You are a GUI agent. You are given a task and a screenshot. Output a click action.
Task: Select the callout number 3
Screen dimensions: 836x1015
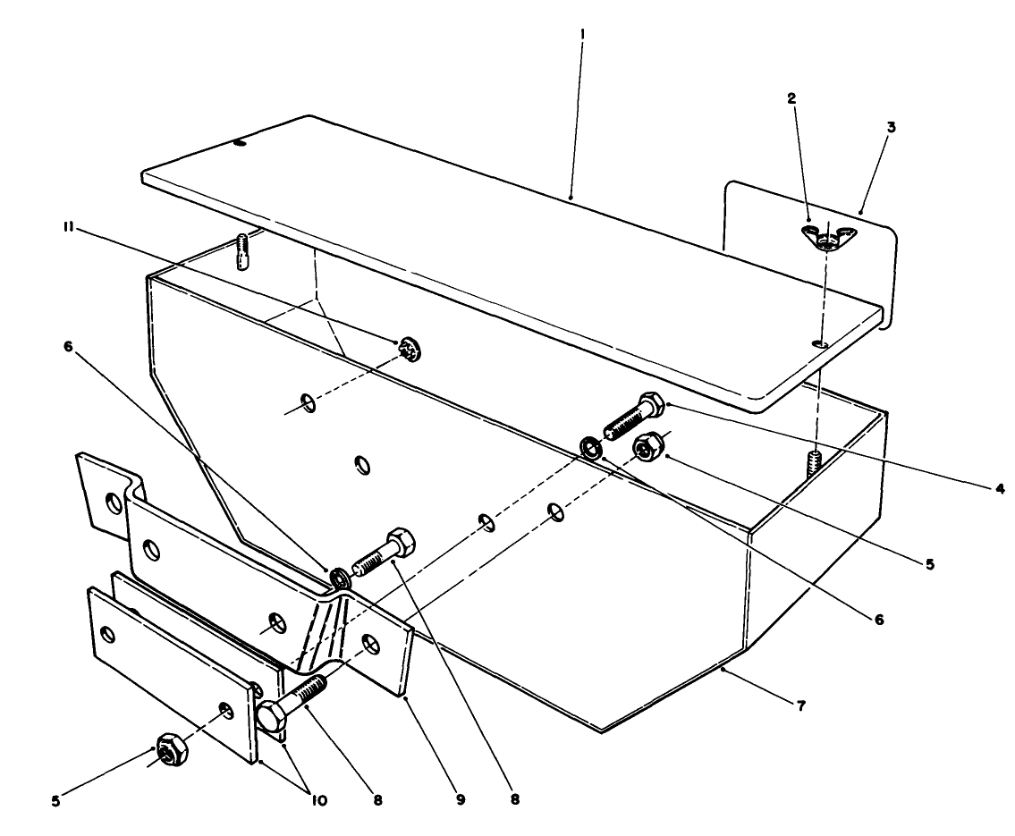point(867,127)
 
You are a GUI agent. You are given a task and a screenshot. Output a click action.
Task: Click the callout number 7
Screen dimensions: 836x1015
point(800,706)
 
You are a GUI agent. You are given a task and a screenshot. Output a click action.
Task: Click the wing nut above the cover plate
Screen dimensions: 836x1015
point(829,234)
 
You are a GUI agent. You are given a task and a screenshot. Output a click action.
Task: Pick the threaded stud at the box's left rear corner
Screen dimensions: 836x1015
point(243,251)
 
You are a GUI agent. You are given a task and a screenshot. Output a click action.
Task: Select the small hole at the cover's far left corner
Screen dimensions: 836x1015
point(239,142)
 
